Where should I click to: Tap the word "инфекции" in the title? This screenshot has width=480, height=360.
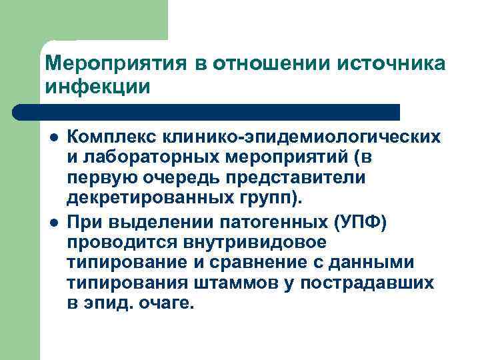click(97, 87)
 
